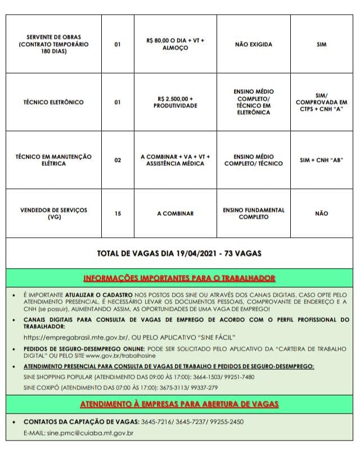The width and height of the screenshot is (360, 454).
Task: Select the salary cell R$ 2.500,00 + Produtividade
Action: pos(175,102)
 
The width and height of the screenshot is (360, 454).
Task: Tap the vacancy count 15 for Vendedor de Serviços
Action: pos(118,214)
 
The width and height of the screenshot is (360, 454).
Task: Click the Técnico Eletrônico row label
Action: pos(53,102)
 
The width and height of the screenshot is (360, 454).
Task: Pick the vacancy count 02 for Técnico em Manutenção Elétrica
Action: pos(118,160)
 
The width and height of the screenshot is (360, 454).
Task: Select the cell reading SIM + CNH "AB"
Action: pos(321,160)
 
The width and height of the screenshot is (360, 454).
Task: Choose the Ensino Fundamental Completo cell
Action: pos(254,214)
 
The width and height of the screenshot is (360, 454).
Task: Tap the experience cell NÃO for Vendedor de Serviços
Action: pos(321,214)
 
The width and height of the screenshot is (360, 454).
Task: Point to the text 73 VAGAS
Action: pos(243,253)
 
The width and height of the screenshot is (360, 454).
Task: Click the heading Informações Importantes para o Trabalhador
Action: pos(179,278)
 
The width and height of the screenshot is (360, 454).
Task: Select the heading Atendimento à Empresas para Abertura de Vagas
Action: pos(179,404)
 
